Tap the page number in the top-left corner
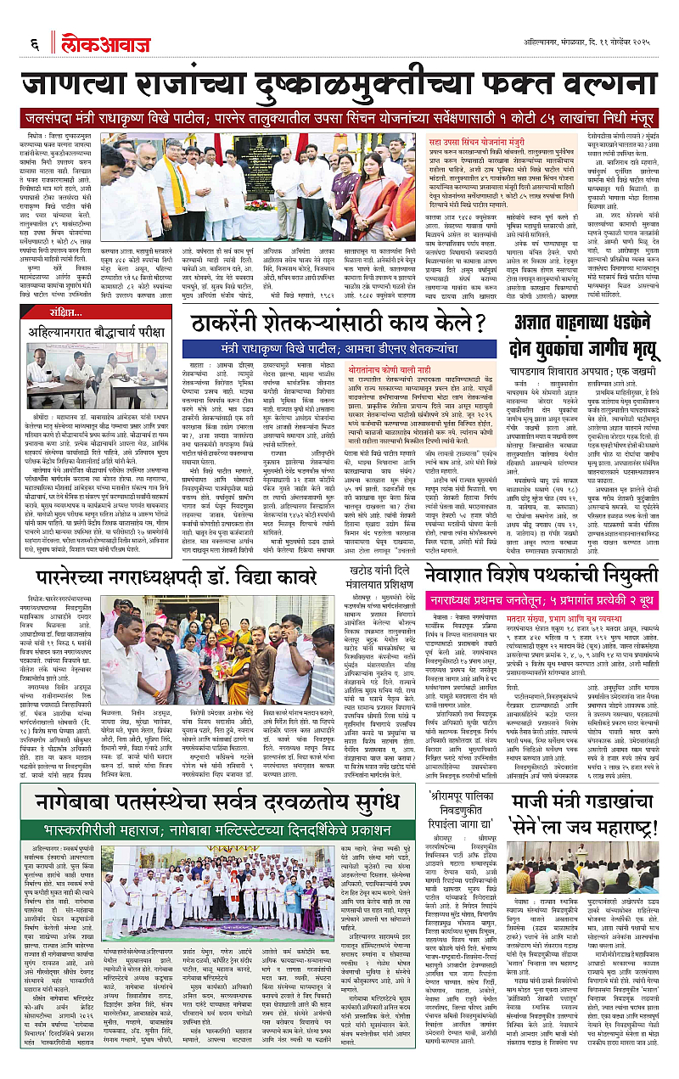35,43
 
